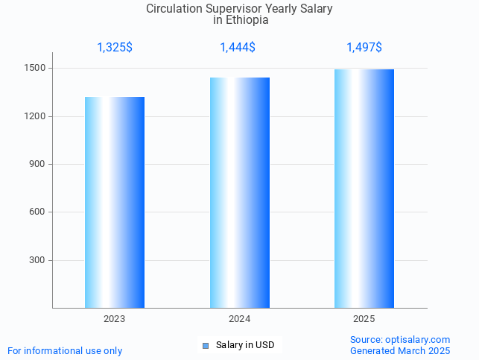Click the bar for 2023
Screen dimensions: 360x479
coord(115,202)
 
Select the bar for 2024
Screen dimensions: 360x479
coord(240,192)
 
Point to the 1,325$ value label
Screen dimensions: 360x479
coord(115,48)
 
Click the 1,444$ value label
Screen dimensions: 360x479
coord(238,48)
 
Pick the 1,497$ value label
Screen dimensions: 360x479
coord(364,48)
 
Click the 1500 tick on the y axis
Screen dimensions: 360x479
coord(37,69)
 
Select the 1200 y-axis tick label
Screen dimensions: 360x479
coord(37,116)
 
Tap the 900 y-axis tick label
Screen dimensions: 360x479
coord(39,164)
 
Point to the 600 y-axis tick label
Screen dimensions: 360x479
coord(39,212)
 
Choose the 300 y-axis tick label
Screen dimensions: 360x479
coord(39,260)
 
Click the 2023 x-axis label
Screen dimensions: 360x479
coord(115,319)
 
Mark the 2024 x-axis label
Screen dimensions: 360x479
coord(240,319)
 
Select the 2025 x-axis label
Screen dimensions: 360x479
coord(364,319)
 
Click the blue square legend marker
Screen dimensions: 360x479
coord(206,345)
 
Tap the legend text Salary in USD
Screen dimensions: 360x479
coord(245,345)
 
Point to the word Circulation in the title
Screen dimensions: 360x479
coord(177,9)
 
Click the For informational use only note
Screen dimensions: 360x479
coord(65,350)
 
